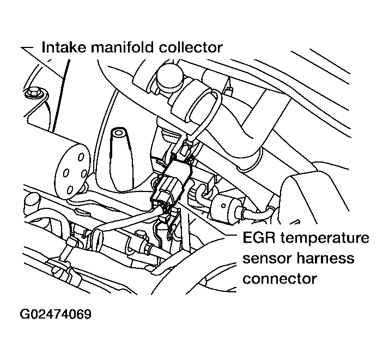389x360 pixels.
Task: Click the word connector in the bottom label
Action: coord(279,278)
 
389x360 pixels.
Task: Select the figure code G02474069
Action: coord(56,315)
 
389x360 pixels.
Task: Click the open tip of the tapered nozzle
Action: coord(119,133)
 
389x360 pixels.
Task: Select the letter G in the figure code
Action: coord(25,315)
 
